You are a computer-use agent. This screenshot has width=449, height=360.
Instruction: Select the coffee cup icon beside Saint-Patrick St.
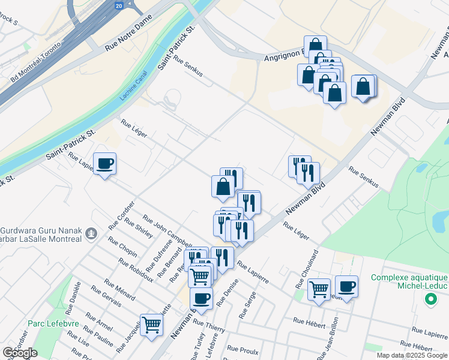tap(105, 164)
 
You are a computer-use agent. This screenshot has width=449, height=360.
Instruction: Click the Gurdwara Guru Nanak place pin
tap(91, 233)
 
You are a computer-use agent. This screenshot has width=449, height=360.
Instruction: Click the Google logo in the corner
tap(20, 353)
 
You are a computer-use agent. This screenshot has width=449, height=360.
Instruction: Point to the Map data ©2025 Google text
tap(412, 355)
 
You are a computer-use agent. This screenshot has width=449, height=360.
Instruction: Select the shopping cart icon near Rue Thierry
tap(152, 325)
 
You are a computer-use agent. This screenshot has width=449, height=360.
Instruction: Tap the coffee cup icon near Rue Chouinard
tap(346, 286)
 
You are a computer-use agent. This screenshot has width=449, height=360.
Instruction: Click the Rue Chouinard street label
tap(306, 269)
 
